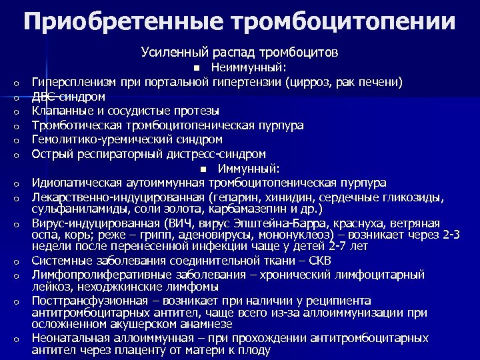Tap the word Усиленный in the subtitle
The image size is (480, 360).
point(172,51)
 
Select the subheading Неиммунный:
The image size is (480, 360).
point(249,67)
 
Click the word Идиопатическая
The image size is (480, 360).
point(76,183)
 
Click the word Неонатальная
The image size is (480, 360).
point(71,338)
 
